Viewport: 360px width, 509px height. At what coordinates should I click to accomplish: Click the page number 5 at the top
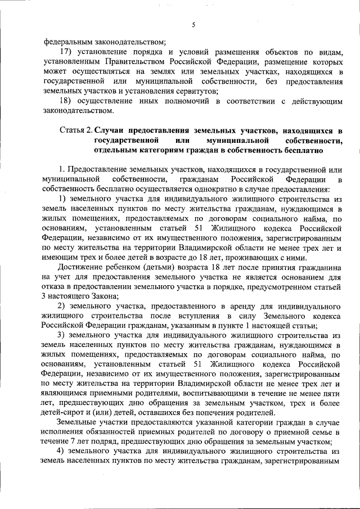[x=193, y=25]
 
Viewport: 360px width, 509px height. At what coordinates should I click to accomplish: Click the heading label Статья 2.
[x=75, y=130]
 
